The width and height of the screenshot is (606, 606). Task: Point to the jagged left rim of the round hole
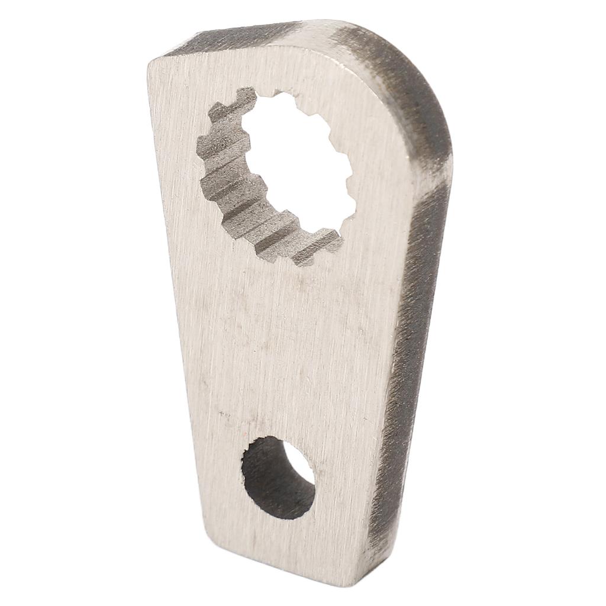[245, 473]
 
